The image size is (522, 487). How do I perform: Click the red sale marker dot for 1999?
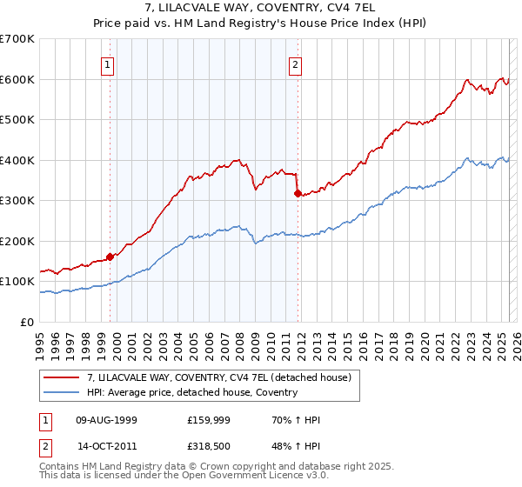click(x=110, y=257)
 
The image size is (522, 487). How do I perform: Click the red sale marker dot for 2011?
click(x=298, y=193)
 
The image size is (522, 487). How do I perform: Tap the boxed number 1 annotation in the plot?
click(x=107, y=63)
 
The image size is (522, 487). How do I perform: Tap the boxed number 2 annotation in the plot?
click(x=295, y=63)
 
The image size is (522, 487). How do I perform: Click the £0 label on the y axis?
click(x=26, y=322)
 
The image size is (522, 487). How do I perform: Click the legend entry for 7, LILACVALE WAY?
click(x=217, y=377)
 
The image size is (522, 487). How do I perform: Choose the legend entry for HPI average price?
click(x=191, y=392)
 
